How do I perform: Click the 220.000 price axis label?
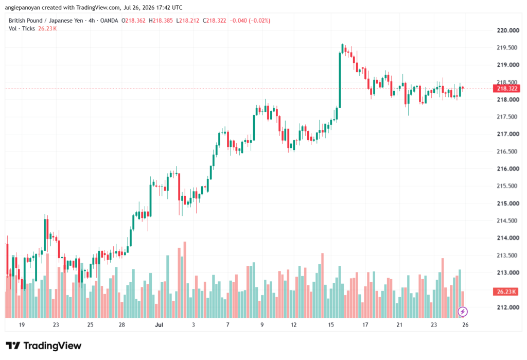(508, 30)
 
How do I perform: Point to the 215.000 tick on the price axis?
(508, 203)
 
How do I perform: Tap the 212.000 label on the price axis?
(508, 307)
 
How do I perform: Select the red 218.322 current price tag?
(506, 89)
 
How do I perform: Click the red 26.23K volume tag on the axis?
(505, 292)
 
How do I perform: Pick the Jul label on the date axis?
(159, 324)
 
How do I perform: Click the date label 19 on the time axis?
(22, 324)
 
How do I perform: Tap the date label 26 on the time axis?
(465, 324)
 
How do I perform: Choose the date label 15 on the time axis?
(331, 324)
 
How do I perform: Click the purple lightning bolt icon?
(463, 312)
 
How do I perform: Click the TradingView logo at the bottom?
(44, 346)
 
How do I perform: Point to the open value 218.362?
(135, 21)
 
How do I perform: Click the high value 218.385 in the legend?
(163, 21)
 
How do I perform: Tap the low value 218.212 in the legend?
(189, 21)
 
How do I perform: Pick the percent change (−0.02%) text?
(259, 21)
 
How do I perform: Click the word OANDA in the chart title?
(109, 21)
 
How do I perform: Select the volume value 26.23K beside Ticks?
(47, 29)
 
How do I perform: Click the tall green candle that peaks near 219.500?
(340, 80)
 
